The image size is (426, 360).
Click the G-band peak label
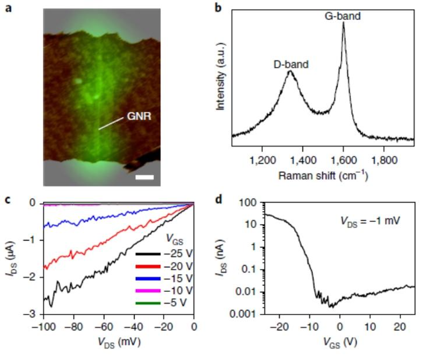343,17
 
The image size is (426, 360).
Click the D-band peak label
290,65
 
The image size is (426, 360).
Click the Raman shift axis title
323,176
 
